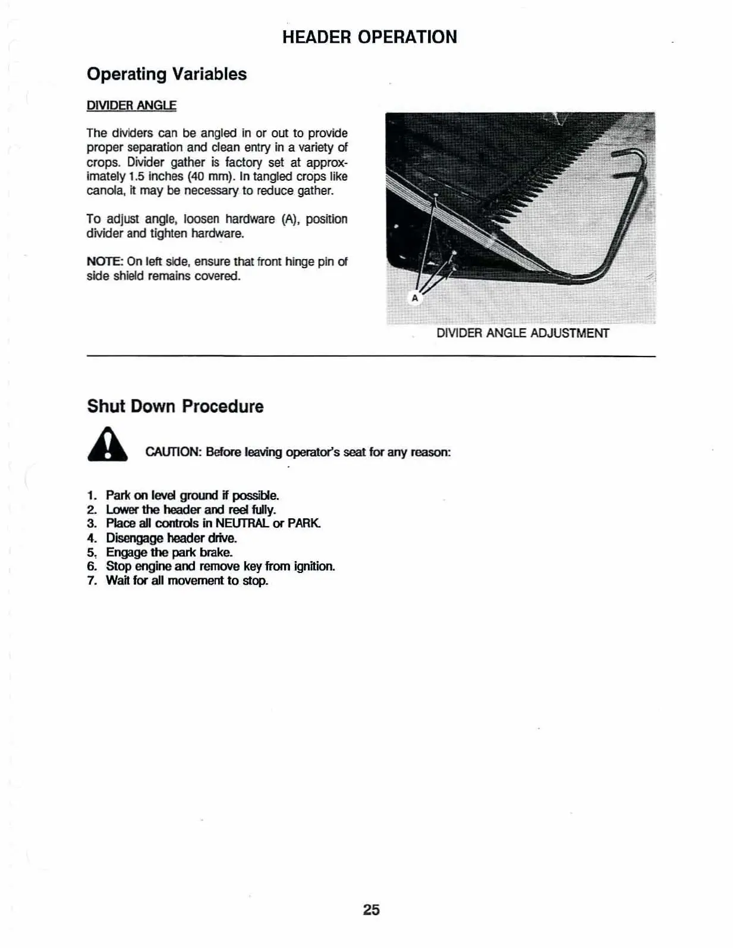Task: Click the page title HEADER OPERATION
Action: click(x=369, y=37)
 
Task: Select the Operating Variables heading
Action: click(x=166, y=74)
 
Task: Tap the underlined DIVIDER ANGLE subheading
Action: click(x=131, y=106)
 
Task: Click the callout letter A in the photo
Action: click(x=415, y=298)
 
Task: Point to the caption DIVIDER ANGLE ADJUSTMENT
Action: click(x=523, y=333)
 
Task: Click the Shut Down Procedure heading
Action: click(x=175, y=407)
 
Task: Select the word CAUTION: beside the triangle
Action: click(x=173, y=452)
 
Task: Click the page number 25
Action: click(x=371, y=910)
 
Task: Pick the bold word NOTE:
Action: click(x=105, y=262)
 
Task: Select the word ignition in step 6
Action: click(x=314, y=566)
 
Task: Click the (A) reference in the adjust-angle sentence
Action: click(x=290, y=219)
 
